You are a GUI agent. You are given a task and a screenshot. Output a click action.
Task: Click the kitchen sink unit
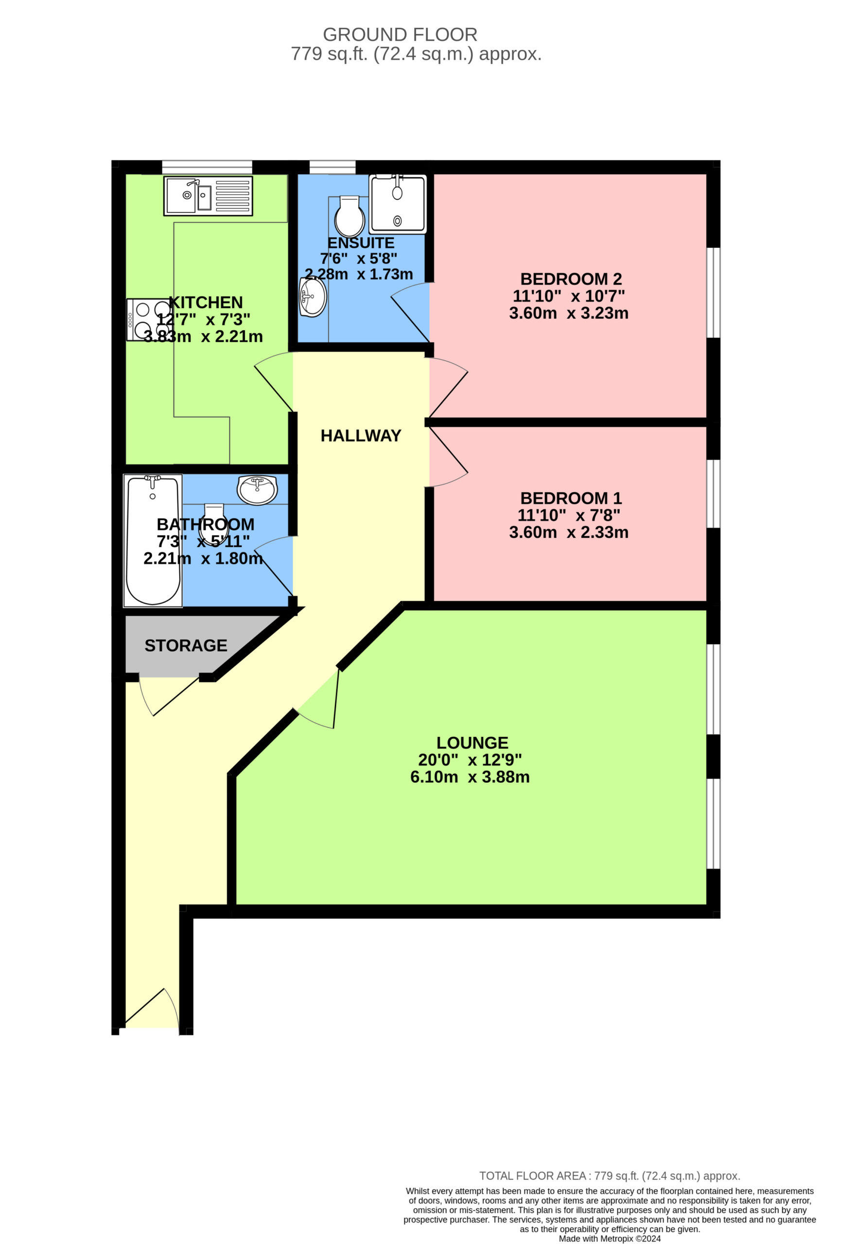coord(209,196)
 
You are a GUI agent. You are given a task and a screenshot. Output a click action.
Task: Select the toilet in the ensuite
coord(349,216)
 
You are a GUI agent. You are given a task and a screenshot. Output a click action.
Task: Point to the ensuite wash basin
coord(313,296)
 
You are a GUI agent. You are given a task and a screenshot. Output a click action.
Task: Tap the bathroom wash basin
coord(258,490)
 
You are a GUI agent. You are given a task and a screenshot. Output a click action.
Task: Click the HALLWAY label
coord(361,436)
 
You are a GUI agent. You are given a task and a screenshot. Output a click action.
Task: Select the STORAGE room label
coord(186,645)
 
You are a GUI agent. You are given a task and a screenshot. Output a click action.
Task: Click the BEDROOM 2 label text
coord(571,279)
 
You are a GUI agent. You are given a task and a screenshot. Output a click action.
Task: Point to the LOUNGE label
coord(472,743)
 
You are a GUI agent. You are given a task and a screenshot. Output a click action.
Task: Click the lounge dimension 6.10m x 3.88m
coord(470,777)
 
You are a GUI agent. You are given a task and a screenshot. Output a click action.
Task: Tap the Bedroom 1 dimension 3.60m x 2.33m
coord(569,532)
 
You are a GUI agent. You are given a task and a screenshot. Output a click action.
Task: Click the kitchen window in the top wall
coord(207,167)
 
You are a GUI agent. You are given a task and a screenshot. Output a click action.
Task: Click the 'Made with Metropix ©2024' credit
coord(610,1239)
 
